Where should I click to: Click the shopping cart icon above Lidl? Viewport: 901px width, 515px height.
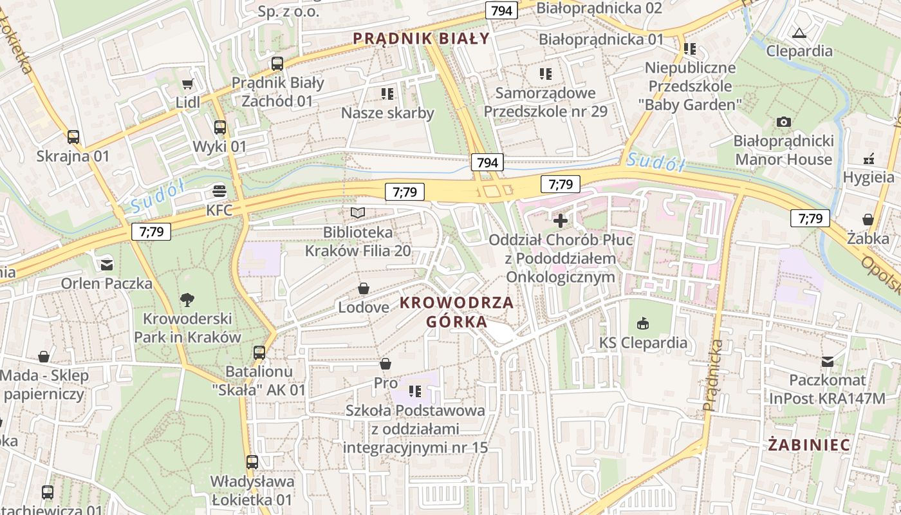187,84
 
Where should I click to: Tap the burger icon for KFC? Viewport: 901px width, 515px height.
219,191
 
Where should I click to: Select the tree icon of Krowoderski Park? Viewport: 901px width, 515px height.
187,299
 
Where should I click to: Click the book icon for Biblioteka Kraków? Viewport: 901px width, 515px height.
358,212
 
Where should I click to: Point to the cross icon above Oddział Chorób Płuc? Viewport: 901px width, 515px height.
561,221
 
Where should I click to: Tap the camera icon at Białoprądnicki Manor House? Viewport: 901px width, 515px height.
783,122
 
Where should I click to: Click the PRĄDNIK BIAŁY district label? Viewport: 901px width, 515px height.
422,39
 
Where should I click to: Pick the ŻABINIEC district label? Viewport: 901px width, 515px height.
809,444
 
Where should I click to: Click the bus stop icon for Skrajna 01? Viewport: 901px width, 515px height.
73,137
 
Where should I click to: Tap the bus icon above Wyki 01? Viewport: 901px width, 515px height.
220,127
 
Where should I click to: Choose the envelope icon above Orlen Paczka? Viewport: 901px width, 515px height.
107,264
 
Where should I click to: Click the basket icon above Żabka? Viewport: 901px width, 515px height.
868,220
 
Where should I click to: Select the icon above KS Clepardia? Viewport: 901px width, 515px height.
643,323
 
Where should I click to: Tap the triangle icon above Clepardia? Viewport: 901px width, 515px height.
799,32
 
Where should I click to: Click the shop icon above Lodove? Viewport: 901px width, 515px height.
364,288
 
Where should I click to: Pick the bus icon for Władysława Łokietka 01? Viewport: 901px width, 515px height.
252,462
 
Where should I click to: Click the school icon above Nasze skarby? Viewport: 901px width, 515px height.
387,94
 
